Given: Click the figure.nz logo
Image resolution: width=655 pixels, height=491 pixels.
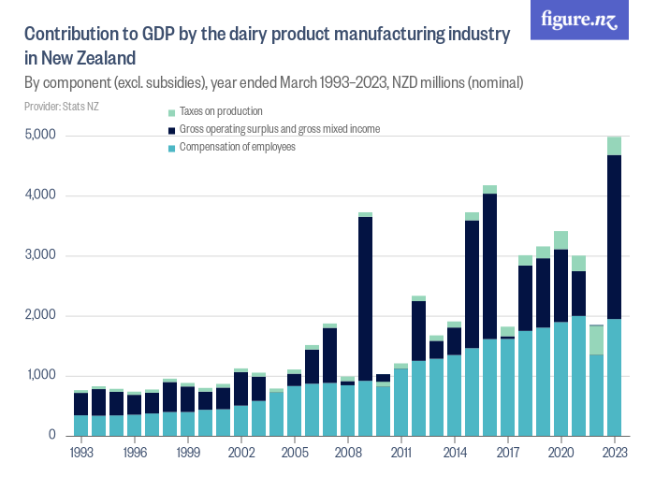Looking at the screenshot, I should point(578,21).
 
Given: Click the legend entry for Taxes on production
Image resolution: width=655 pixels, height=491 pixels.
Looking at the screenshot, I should point(215,111).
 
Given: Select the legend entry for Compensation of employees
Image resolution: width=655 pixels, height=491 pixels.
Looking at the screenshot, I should point(237,147).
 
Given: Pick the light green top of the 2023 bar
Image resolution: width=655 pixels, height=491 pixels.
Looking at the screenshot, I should point(614,146).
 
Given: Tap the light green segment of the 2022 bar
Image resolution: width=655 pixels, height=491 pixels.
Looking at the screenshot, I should point(596,339).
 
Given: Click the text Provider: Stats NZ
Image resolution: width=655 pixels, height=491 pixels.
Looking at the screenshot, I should point(62,107).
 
